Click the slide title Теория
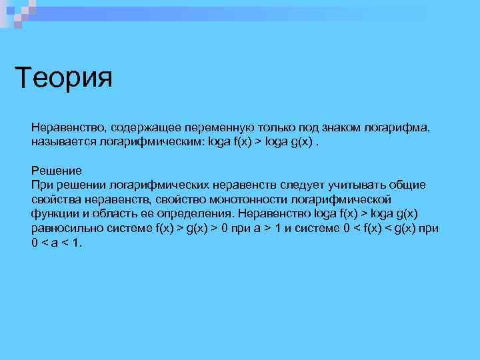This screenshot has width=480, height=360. (64, 77)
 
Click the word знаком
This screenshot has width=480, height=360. (343, 127)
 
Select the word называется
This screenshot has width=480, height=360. (63, 143)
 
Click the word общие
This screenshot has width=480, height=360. (409, 184)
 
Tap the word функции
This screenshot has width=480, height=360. (55, 214)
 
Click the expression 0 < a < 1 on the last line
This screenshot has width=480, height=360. (56, 243)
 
